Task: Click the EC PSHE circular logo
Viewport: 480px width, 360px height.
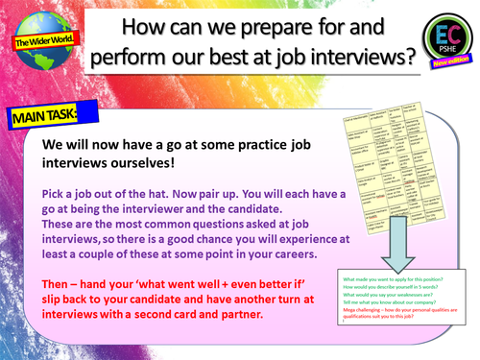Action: (444, 40)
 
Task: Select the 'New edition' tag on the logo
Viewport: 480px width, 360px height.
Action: (451, 63)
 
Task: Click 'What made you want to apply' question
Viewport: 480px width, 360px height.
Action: (396, 280)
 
